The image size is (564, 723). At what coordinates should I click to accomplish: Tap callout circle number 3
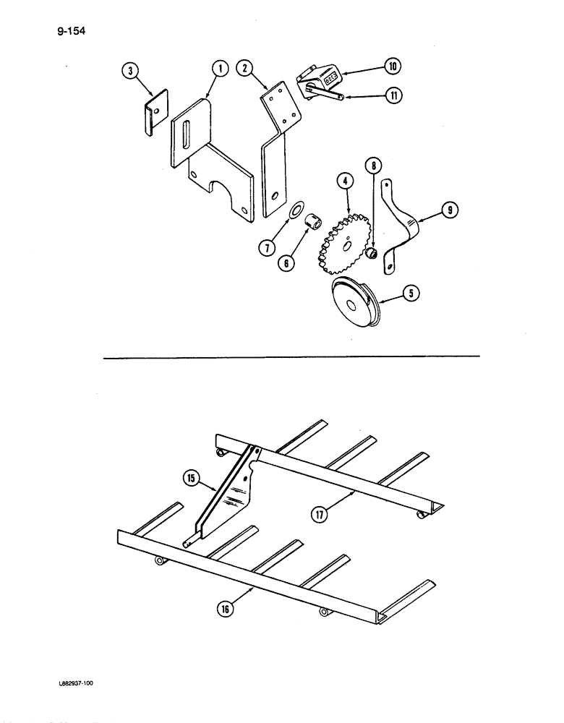(129, 70)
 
